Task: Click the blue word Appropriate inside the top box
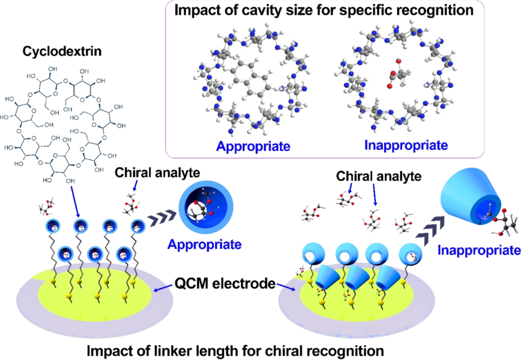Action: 253,146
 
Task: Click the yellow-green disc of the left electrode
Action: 93,297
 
